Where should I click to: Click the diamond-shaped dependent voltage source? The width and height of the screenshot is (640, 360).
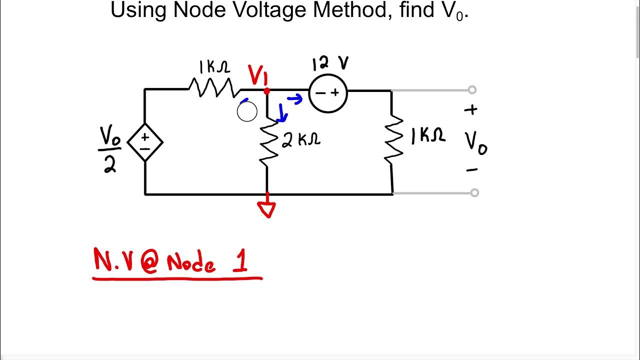pos(145,142)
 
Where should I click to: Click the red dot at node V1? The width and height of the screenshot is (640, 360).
pos(266,91)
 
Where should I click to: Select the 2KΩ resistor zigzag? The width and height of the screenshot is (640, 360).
pos(268,142)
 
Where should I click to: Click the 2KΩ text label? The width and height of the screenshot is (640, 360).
pos(301,140)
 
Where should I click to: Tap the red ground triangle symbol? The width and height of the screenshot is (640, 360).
pos(267,209)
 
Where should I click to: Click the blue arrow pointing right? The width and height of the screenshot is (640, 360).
pos(295,99)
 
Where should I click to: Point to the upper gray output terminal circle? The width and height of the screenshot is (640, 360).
pos(472,90)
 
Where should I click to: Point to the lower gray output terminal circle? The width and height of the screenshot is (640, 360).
pos(474,192)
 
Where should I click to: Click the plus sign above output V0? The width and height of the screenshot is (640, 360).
pos(471,110)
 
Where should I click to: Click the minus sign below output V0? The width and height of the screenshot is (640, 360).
pos(471,170)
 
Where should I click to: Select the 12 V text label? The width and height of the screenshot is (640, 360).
pos(330,64)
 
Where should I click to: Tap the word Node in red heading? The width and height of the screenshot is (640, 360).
pos(191,262)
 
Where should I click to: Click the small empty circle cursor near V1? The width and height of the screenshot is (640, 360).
pos(247,112)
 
